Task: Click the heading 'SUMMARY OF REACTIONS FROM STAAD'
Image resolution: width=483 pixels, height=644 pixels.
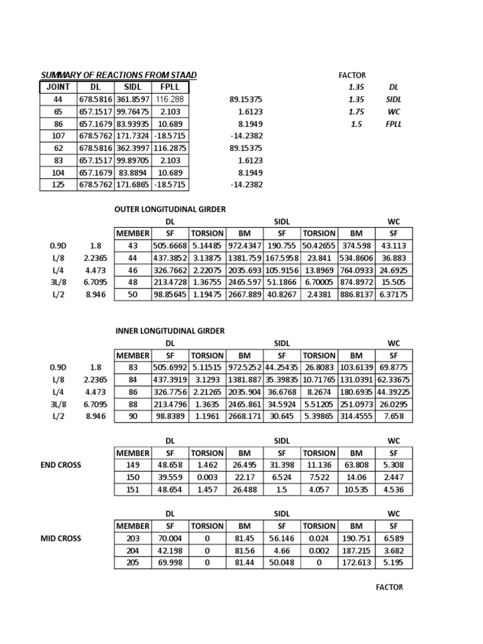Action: point(119,75)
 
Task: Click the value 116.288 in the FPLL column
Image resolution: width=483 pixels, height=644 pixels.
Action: point(170,99)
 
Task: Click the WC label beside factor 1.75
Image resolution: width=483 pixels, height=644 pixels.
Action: point(394,111)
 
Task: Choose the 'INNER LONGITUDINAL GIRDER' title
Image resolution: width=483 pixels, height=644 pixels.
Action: point(169,331)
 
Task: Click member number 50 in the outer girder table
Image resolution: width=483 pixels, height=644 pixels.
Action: point(133,294)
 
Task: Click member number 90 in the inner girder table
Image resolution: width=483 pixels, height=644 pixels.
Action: point(133,416)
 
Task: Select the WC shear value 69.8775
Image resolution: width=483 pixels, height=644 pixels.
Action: point(394,367)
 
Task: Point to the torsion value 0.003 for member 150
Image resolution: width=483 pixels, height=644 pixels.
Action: point(208,477)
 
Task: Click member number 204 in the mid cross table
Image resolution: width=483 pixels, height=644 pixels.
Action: point(133,550)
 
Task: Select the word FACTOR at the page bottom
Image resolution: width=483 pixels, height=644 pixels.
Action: point(389,587)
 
